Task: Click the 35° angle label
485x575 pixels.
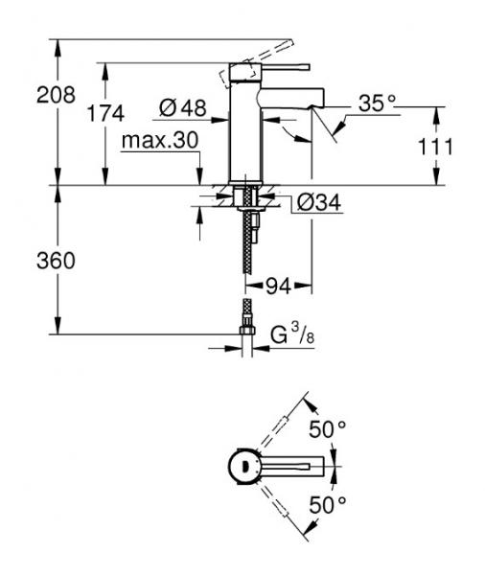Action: pos(378,102)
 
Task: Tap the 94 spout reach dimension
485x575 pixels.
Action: pos(278,286)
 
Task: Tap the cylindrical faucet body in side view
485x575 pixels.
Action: pos(244,134)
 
